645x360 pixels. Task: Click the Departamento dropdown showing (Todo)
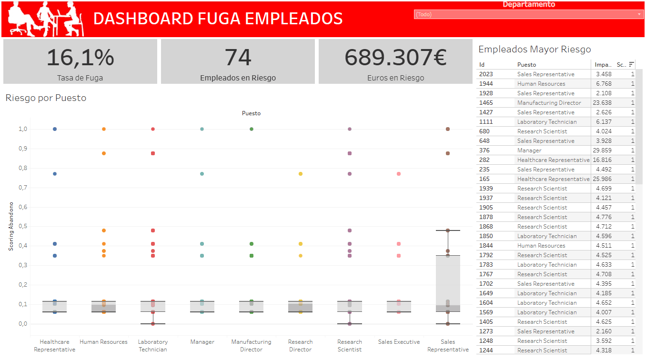[528, 14]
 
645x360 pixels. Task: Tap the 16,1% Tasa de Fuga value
[80, 57]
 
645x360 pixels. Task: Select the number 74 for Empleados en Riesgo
[238, 57]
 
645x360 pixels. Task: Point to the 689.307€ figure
[395, 57]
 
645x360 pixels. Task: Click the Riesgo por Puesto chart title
[46, 98]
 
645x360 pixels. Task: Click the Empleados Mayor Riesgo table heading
[534, 49]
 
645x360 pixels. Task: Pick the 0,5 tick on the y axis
[22, 226]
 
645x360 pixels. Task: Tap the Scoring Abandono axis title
[11, 226]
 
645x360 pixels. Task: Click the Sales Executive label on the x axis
[399, 342]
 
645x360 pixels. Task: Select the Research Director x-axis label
[300, 345]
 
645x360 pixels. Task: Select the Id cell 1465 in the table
[486, 103]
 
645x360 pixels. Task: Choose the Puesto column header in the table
[526, 65]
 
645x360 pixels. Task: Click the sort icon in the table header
[632, 64]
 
